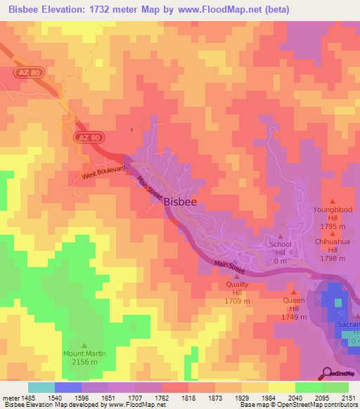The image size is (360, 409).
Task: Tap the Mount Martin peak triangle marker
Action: [85, 345]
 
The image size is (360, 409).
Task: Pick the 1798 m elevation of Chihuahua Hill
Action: [333, 258]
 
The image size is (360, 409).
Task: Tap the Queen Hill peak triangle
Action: [294, 292]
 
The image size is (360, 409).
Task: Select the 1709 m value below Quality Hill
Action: [237, 301]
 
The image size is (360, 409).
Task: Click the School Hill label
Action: [281, 248]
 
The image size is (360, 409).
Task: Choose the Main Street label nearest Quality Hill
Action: [230, 267]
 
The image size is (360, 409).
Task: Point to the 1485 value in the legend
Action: [25, 398]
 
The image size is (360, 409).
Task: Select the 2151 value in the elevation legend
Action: [349, 398]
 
